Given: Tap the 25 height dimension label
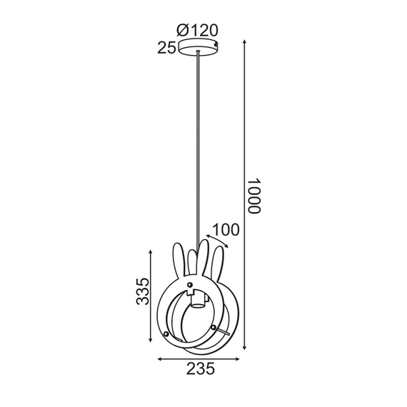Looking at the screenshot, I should (x=166, y=48).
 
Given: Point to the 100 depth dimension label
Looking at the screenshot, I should (x=226, y=230).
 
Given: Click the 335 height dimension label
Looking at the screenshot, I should (x=142, y=292).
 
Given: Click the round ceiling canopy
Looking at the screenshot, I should (x=198, y=47).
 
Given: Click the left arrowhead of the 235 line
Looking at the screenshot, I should (x=159, y=358).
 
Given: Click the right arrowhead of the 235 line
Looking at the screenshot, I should (x=236, y=358).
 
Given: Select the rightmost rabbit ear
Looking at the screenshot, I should (x=215, y=261).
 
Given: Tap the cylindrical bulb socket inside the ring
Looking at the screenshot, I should (x=197, y=300).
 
